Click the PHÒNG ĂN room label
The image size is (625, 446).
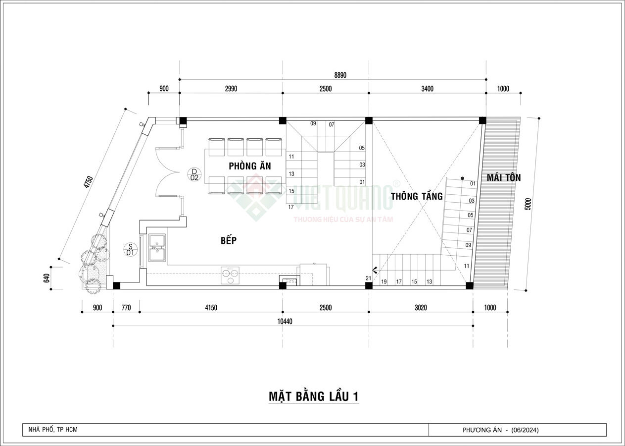pos(250,166)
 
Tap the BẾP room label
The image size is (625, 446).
pos(229,241)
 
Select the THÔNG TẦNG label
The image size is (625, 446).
pos(417,196)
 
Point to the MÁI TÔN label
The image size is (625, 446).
pos(503,177)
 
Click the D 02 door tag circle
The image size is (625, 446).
pos(194,174)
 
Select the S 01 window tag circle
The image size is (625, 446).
pos(131,249)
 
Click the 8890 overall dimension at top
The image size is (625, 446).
pos(340,75)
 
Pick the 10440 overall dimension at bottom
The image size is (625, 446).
pos(286,322)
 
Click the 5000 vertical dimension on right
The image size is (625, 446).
pos(528,204)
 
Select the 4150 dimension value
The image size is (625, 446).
pos(210,308)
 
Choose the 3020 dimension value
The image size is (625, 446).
pos(420,308)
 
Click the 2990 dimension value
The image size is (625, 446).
pos(231,89)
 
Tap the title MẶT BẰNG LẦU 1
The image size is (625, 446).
pos(313,396)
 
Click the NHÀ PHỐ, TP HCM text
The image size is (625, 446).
pos(49,429)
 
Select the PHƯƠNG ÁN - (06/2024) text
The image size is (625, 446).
pos(504,430)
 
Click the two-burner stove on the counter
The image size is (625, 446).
pos(230,276)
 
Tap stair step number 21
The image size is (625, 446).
pos(368,278)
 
